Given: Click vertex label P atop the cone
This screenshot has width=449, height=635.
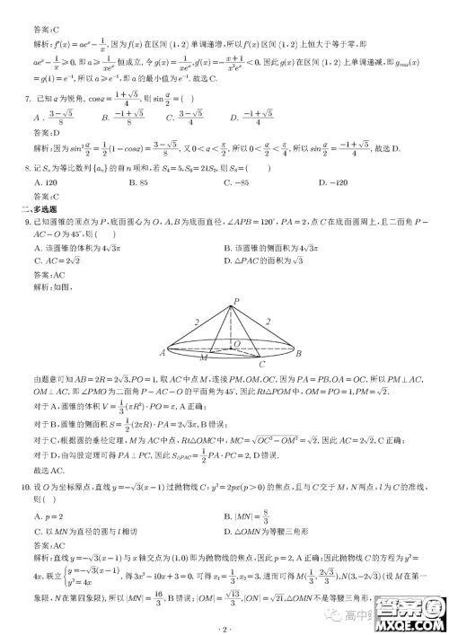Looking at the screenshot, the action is click(235, 301).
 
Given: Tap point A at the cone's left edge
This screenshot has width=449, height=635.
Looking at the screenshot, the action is click(163, 352).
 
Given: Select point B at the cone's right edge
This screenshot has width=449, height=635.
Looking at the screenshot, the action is click(298, 352).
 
